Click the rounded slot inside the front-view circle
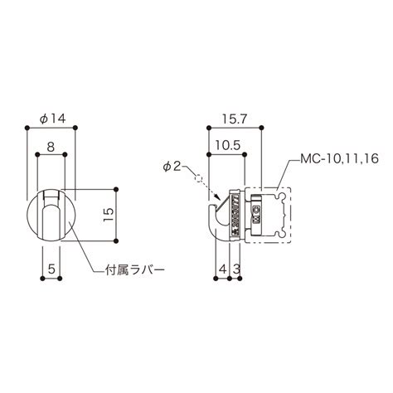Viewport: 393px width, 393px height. coord(51,217)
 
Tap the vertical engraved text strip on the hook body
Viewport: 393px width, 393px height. coord(235,213)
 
